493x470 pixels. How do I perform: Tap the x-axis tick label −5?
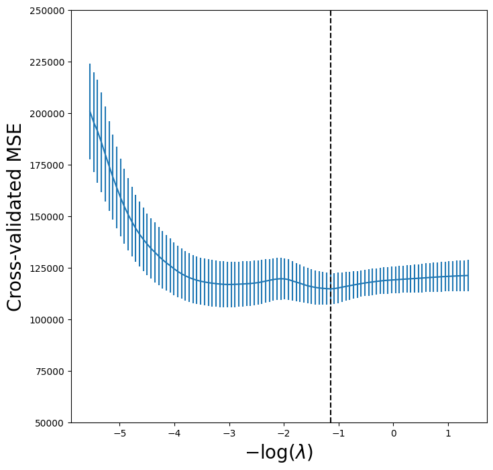pyautogui.click(x=119, y=433)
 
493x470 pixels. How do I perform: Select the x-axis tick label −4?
pyautogui.click(x=174, y=433)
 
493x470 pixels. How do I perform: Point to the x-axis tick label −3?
pyautogui.click(x=229, y=433)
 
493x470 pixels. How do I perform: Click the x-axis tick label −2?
pyautogui.click(x=284, y=433)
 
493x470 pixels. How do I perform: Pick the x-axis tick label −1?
pyautogui.click(x=339, y=433)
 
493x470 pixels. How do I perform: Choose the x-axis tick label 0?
pyautogui.click(x=394, y=433)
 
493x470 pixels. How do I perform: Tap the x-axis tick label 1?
pyautogui.click(x=448, y=433)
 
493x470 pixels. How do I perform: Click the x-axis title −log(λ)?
pyautogui.click(x=279, y=453)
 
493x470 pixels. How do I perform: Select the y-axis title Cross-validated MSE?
pyautogui.click(x=15, y=217)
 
